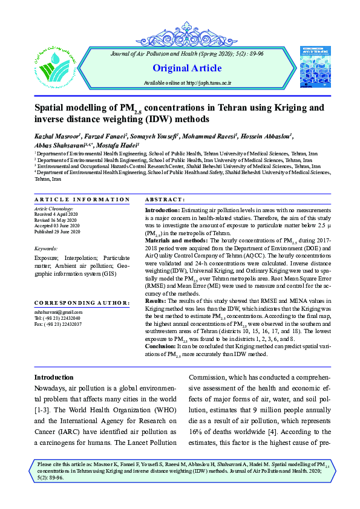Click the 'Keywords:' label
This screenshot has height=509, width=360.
point(46,248)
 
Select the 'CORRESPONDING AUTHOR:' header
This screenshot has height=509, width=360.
point(82,302)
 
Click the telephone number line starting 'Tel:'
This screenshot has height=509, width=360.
point(57,318)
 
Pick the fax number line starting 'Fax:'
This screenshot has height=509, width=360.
point(58,324)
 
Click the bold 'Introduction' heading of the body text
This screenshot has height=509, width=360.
point(53,377)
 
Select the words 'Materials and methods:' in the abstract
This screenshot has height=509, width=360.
point(175,240)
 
